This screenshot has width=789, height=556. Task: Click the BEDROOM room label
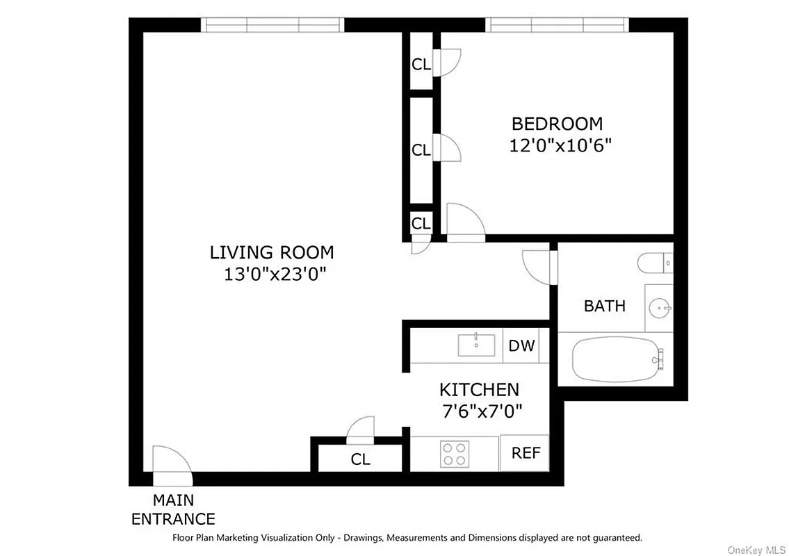tap(557, 124)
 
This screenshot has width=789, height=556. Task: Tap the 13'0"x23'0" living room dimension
tap(272, 274)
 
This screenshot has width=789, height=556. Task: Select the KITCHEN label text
tap(478, 389)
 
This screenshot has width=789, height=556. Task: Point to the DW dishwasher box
tap(521, 345)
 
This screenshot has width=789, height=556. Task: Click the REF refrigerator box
tap(526, 453)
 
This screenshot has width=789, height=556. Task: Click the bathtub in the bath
tap(615, 359)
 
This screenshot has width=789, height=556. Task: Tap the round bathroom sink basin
tap(660, 306)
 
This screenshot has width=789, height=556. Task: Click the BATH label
tap(604, 306)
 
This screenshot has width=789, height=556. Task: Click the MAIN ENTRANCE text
tap(173, 509)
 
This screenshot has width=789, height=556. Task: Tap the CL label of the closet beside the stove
tap(360, 459)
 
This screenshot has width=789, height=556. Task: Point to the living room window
tap(273, 25)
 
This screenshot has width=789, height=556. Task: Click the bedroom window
tap(558, 25)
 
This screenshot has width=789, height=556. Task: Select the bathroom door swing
tap(538, 265)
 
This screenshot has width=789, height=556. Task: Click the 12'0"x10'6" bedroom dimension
tap(560, 146)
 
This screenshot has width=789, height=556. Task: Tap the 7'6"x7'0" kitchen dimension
tap(482, 411)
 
